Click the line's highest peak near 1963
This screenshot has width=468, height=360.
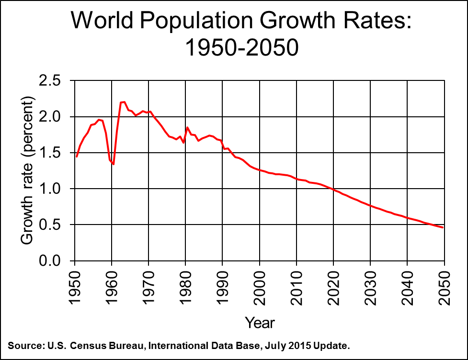[x=123, y=101]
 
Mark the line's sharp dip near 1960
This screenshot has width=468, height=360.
[x=114, y=164]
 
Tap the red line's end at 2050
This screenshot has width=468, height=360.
[x=443, y=227]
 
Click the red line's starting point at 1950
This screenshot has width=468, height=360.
[x=77, y=157]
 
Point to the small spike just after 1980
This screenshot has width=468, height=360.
[x=187, y=127]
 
